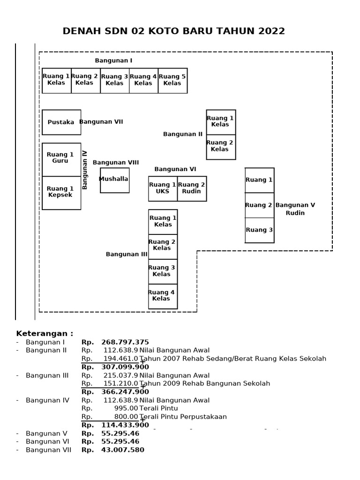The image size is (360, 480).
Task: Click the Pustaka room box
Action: coord(61,122)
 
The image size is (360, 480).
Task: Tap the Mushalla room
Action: coord(114,180)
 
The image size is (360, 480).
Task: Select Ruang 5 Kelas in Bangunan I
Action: coord(172,80)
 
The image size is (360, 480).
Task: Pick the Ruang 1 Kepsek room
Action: coord(61,192)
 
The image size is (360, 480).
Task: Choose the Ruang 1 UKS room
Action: coord(163,188)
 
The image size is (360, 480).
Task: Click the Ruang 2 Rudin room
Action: coord(192,188)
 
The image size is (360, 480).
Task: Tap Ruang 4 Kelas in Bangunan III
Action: coord(163,296)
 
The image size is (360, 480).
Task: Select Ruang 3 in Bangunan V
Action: coord(259,230)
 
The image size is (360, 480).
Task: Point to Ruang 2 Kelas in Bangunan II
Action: coord(221,147)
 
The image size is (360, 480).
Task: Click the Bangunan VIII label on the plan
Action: coord(116,163)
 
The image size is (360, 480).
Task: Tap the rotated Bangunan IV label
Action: coord(85,170)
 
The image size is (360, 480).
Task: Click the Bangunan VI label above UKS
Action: coord(175,169)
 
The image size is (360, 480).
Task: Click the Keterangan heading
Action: coord(45,334)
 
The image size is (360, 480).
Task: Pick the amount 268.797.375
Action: coord(125,342)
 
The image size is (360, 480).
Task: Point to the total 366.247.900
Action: coord(125,392)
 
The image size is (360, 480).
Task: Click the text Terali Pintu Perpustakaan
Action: coord(183,417)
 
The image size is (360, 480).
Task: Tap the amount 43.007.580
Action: coord(122,450)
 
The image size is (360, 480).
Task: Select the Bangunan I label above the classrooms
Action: coord(113,61)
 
